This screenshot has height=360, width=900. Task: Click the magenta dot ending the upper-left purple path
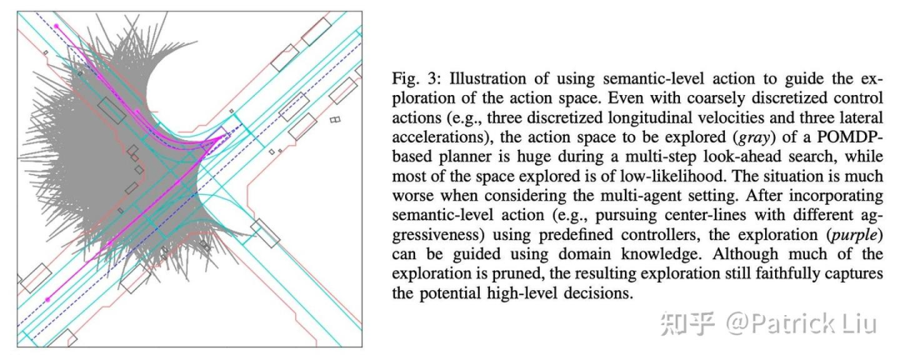point(57,26)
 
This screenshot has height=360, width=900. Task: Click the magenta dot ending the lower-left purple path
point(47,299)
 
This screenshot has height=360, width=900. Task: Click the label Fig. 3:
point(413,79)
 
